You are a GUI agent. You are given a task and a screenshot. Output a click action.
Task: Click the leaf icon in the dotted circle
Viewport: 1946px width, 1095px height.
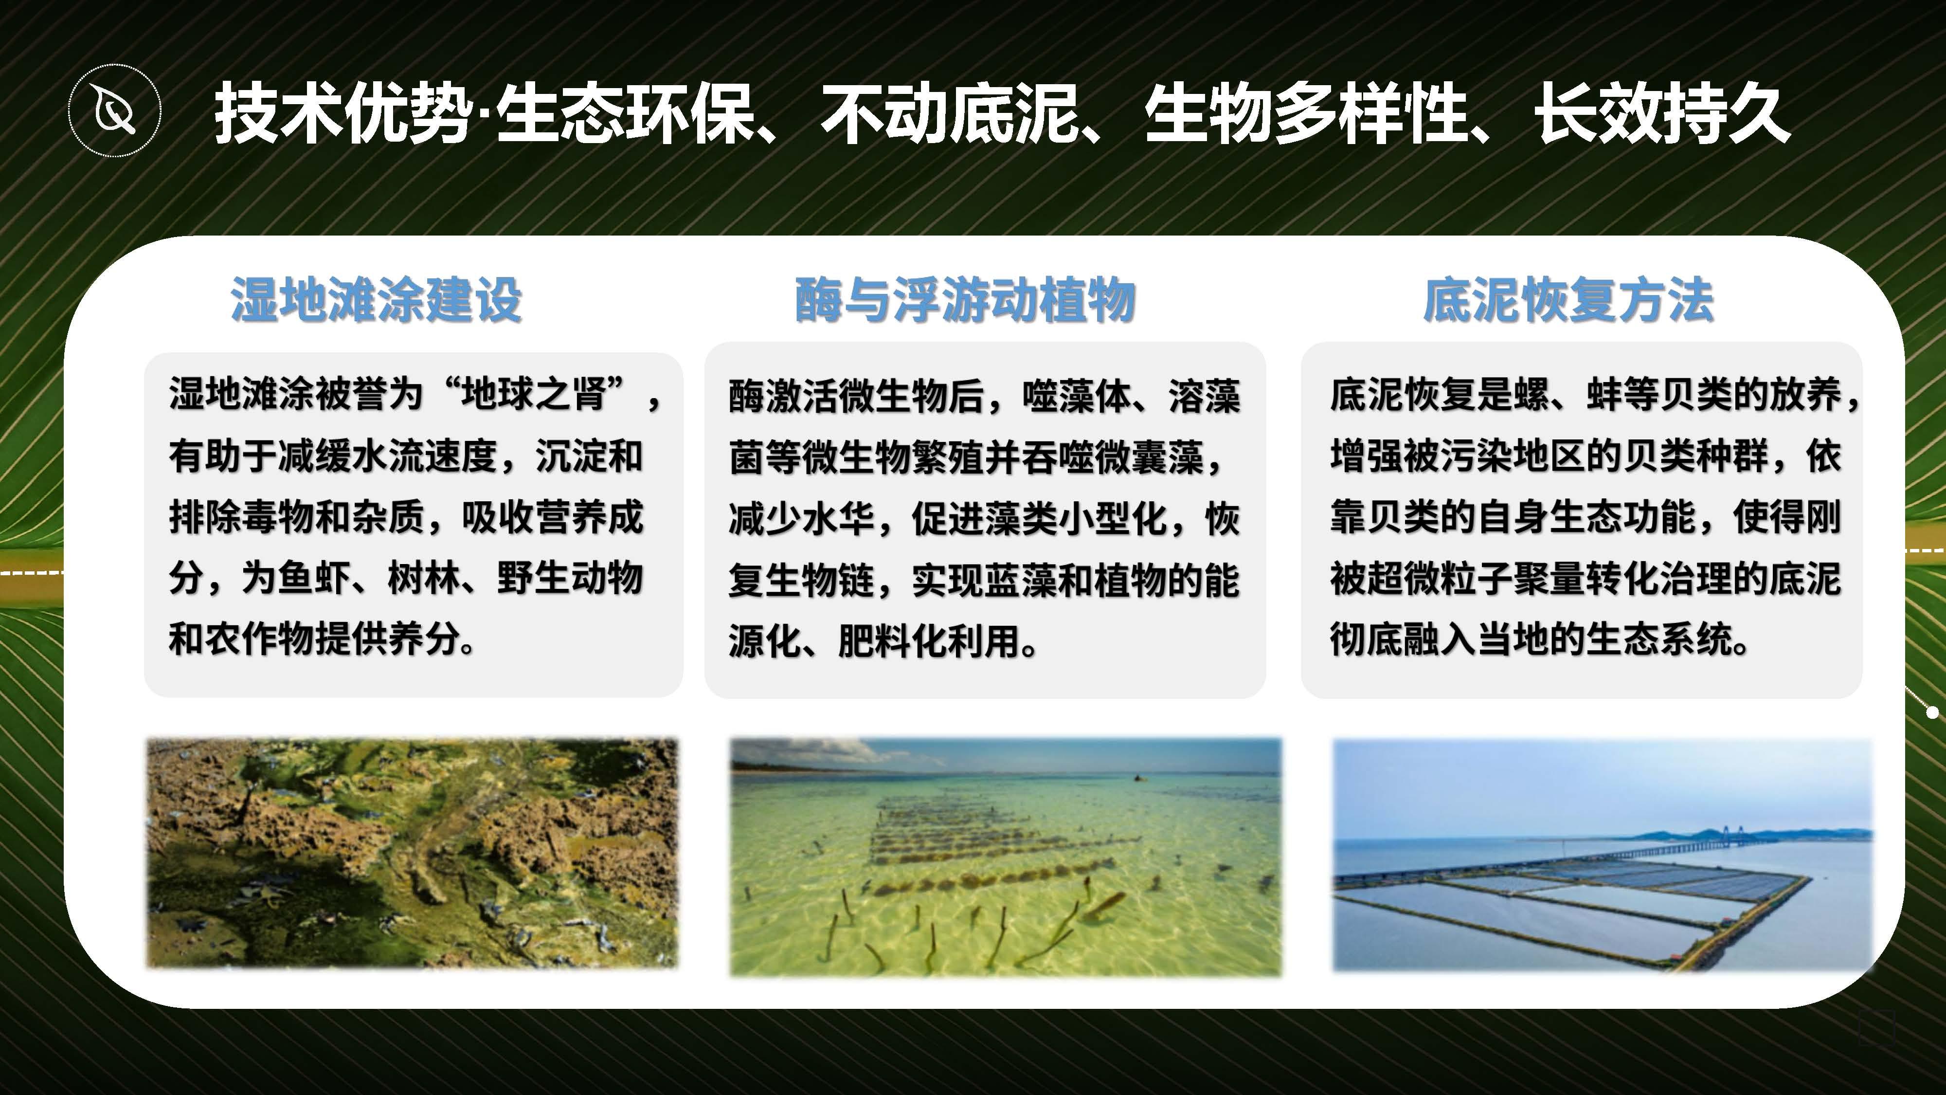[x=115, y=111]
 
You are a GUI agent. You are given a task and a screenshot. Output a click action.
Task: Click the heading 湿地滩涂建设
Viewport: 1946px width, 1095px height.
[x=376, y=300]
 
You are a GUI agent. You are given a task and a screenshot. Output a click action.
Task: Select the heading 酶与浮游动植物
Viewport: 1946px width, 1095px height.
[x=965, y=300]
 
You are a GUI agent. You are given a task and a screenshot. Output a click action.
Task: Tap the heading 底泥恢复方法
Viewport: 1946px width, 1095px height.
[x=1569, y=300]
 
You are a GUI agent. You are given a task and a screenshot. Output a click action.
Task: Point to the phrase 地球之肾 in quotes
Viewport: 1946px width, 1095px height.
[x=535, y=394]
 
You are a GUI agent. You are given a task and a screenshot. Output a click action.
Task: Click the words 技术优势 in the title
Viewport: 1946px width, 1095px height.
[x=344, y=113]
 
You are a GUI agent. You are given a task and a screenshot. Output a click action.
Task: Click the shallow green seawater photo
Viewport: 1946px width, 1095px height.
[x=1006, y=857]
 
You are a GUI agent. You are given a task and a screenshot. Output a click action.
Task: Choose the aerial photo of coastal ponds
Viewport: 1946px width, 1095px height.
[x=1602, y=856]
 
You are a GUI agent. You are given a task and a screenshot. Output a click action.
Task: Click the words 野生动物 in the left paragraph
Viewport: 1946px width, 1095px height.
[x=570, y=578]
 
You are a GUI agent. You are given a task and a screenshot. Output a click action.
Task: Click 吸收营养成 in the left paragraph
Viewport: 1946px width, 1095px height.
[x=552, y=518]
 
